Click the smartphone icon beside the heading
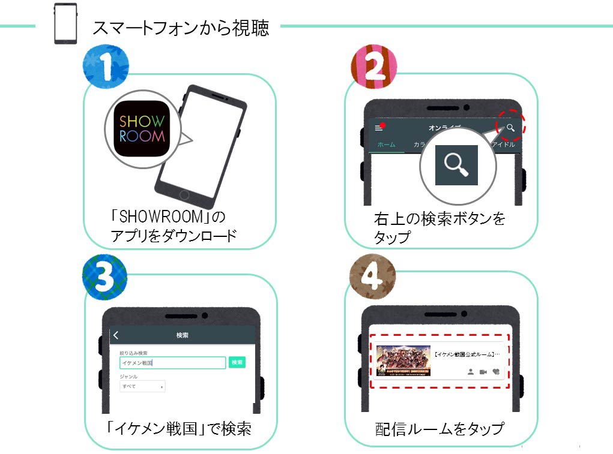tap(65, 24)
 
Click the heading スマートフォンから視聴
tap(180, 28)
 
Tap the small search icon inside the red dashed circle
tap(510, 127)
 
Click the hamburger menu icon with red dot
tap(379, 128)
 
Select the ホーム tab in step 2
tap(386, 145)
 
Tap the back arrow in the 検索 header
tap(116, 335)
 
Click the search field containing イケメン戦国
tap(172, 363)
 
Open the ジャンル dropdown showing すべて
tap(142, 387)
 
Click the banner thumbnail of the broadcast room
tap(403, 360)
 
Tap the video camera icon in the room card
tap(483, 372)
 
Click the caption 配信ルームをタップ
tap(438, 429)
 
